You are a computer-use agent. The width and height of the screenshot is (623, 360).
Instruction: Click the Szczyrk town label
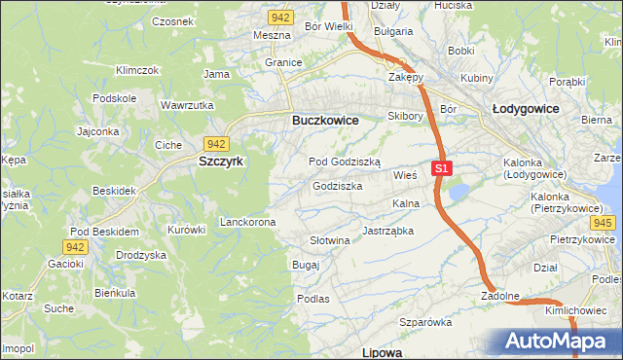[x=221, y=162]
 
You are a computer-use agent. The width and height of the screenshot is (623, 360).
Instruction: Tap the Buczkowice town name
[x=325, y=120]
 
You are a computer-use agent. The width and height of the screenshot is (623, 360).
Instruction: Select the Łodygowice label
[x=526, y=109]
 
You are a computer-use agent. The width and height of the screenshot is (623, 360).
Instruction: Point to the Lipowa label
[x=382, y=351]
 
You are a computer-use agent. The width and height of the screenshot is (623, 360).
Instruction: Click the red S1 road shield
[x=441, y=168]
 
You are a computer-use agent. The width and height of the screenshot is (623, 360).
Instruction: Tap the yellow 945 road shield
[x=602, y=223]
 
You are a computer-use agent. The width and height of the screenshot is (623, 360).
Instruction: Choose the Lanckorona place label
[x=248, y=222]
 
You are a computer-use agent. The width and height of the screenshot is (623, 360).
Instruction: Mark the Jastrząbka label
[x=388, y=232]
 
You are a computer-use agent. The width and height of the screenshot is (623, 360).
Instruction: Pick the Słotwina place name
[x=329, y=240]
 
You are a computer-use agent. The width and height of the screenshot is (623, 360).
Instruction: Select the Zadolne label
[x=499, y=295]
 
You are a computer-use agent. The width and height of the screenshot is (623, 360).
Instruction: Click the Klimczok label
[x=136, y=71]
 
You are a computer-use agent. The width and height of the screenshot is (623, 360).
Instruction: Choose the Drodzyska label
[x=141, y=254]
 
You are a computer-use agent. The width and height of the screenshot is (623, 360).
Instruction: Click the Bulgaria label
[x=392, y=31]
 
